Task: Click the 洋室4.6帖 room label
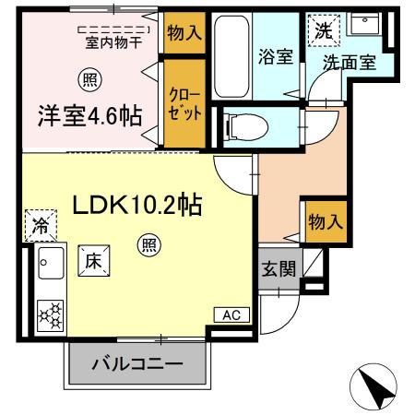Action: tap(89, 116)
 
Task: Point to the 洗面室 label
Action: tap(349, 64)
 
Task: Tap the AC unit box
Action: tap(231, 314)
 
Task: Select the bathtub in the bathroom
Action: tap(230, 55)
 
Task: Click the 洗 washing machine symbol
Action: tap(323, 30)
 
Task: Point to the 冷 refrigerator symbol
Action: tap(40, 224)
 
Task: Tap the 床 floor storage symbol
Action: tap(94, 260)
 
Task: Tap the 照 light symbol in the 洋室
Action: tap(89, 79)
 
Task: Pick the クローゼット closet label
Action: tap(180, 102)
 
